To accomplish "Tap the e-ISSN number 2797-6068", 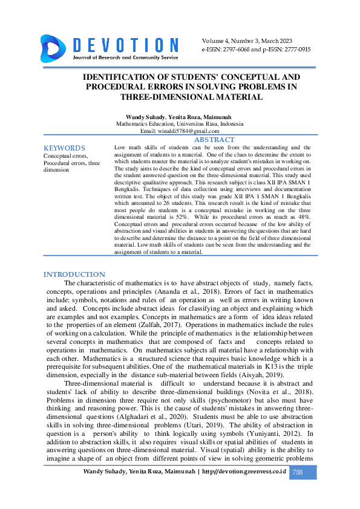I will pyautogui.click(x=237, y=50).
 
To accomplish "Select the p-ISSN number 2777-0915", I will pyautogui.click(x=294, y=50).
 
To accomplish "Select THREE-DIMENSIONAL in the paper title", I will pyautogui.click(x=162, y=97).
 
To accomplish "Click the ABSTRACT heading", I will pyautogui.click(x=214, y=140).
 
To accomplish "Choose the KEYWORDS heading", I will pyautogui.click(x=64, y=148).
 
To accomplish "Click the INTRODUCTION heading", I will pyautogui.click(x=74, y=274).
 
